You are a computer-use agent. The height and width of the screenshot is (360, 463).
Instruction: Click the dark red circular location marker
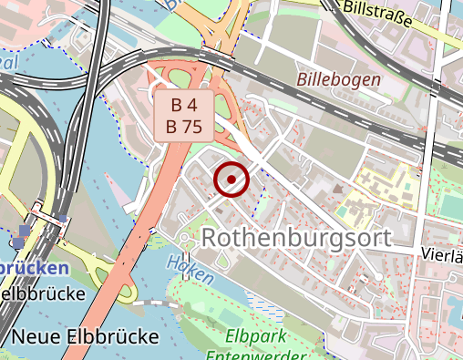coord(231,179)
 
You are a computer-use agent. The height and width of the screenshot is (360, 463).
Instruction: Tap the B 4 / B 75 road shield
coord(183,116)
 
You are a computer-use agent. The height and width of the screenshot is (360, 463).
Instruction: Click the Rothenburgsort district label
coord(295,238)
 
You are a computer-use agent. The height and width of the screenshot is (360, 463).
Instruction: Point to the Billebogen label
coord(338,79)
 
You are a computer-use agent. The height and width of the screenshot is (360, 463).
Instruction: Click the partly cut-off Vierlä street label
coord(443,255)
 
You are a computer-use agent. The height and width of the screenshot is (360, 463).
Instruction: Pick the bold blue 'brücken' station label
coord(34,269)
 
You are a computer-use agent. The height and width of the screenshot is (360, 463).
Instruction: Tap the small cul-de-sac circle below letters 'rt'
coord(377,275)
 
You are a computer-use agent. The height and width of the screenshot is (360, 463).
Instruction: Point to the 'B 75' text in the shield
coord(183,127)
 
